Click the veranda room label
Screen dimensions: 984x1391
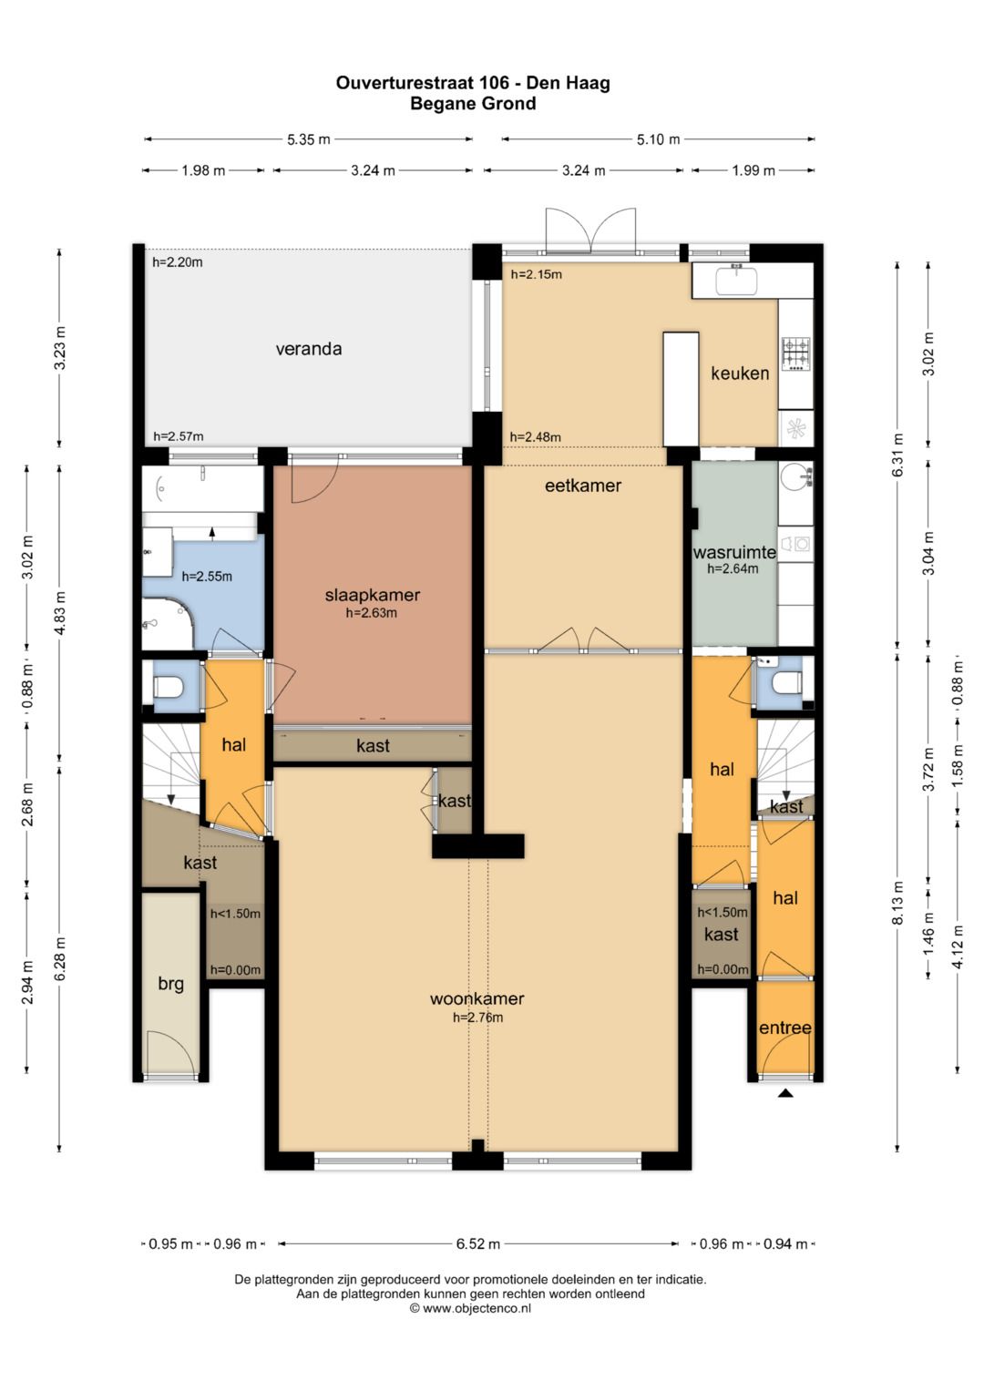(309, 349)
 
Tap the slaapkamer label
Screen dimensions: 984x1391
(373, 595)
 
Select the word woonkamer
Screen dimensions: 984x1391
(477, 998)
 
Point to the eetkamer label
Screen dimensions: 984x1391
(583, 486)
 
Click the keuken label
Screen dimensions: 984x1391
(740, 373)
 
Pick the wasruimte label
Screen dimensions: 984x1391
(734, 552)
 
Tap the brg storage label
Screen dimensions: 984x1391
(171, 984)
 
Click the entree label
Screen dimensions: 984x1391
(785, 1028)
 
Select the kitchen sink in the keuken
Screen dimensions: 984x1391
(737, 280)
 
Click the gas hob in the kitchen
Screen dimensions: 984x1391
(796, 354)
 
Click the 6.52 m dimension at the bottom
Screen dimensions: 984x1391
(477, 1243)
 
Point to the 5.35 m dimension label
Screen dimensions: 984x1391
(309, 139)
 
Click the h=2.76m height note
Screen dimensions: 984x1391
(477, 1018)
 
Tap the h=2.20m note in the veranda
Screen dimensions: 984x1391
(178, 262)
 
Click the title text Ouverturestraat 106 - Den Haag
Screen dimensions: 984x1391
(473, 83)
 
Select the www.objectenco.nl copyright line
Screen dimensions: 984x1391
(470, 1308)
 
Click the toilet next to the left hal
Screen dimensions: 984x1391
(168, 687)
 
